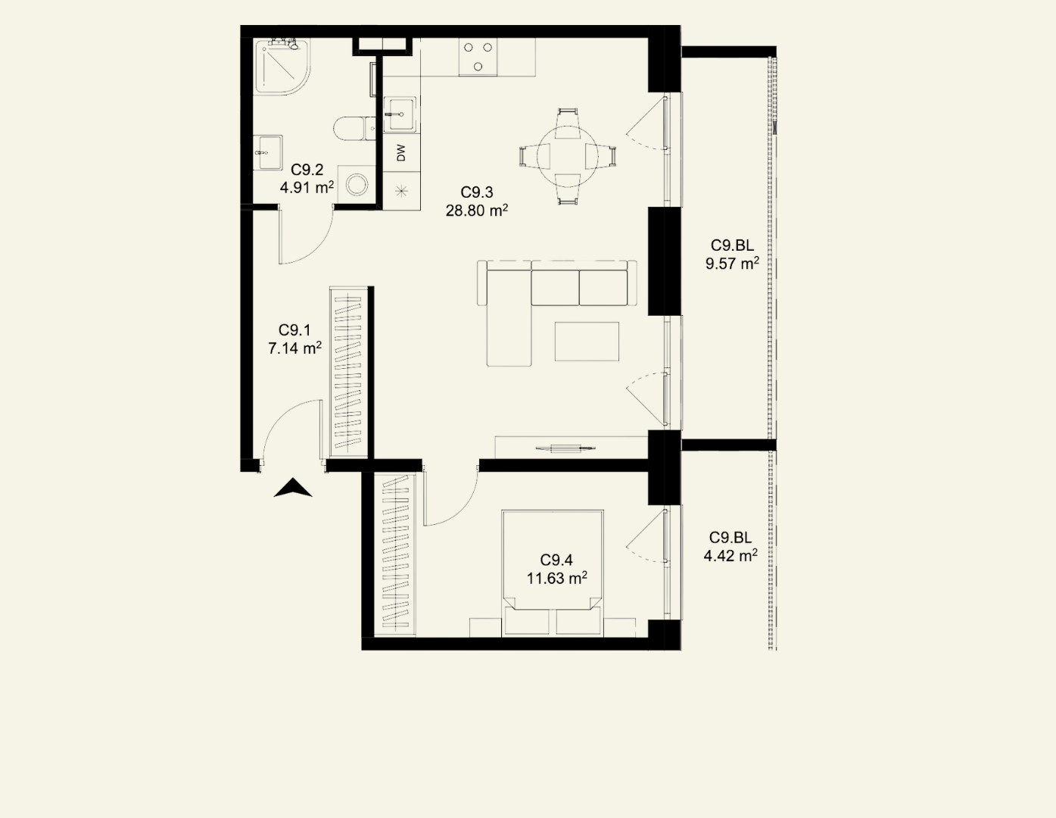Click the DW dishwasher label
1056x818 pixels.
click(401, 152)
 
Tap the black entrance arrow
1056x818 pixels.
click(292, 488)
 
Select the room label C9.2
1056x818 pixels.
click(307, 170)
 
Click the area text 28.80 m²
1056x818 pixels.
click(477, 211)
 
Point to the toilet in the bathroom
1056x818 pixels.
click(354, 129)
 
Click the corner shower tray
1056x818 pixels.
click(282, 66)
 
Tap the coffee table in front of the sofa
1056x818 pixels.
click(587, 341)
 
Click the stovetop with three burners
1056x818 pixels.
click(478, 57)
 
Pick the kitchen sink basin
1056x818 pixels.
click(400, 114)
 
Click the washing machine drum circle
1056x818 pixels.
click(357, 185)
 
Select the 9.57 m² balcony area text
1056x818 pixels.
click(732, 264)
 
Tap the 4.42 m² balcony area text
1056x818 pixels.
click(730, 555)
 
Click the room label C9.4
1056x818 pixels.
click(556, 560)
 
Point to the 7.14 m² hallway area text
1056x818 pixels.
click(294, 348)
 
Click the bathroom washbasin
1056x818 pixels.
click(267, 152)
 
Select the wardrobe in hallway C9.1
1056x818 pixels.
click(348, 372)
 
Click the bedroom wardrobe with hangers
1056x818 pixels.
click(395, 554)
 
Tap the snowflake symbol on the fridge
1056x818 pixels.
click(401, 191)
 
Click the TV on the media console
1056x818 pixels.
click(565, 448)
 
